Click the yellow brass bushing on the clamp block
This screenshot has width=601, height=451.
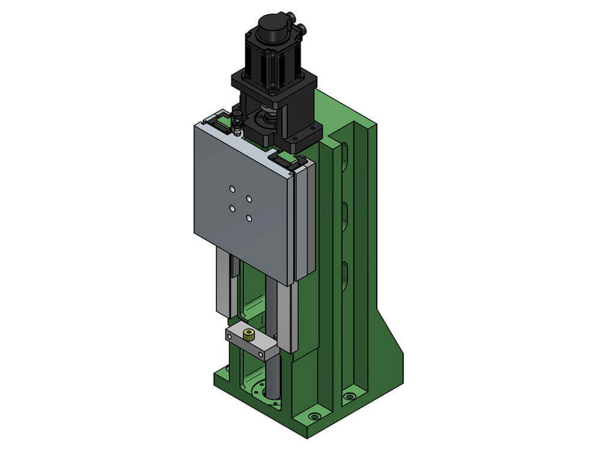pos(247,333)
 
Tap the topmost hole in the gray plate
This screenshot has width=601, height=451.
pos(233,189)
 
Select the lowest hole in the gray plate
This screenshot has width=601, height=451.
pos(249,218)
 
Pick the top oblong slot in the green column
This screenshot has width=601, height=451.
pos(345,158)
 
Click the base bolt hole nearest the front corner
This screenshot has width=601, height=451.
pos(314,416)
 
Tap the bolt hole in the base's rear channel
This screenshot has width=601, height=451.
pos(349,396)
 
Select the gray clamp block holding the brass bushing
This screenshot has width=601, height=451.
pos(251,343)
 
